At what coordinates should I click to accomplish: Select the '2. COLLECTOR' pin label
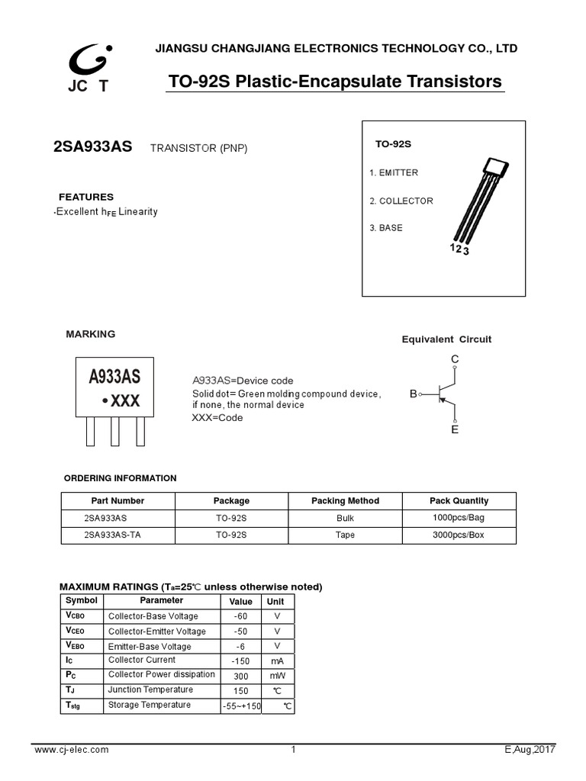tap(401, 201)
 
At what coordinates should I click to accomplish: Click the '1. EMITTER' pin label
tap(394, 173)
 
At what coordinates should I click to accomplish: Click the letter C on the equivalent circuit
tap(455, 358)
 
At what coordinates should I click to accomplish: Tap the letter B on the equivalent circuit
tap(413, 394)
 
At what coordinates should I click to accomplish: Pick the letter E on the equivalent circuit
tap(455, 430)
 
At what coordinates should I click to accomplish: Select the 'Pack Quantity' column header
tap(459, 501)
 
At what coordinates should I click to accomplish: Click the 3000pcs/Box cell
tap(459, 535)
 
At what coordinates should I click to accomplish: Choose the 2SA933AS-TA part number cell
tap(112, 535)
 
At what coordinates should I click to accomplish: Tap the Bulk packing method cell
tap(345, 518)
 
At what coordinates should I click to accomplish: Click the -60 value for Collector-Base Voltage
tap(241, 616)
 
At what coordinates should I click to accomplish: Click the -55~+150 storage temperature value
tap(241, 707)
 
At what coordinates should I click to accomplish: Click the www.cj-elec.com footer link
tap(72, 750)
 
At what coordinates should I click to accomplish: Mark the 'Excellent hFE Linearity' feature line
tap(106, 211)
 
